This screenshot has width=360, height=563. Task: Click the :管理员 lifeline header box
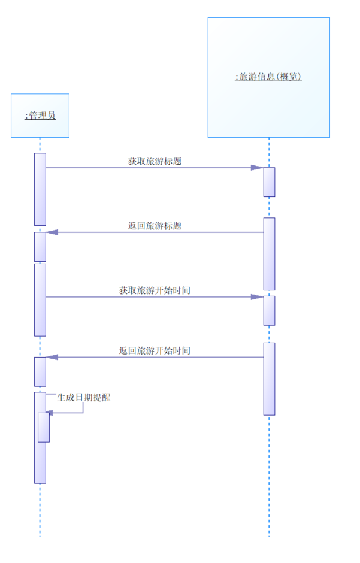[40, 116]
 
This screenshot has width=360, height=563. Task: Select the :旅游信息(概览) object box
[268, 77]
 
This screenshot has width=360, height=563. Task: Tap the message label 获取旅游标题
[155, 161]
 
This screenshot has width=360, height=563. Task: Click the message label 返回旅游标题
[155, 226]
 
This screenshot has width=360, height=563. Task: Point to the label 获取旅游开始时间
[155, 290]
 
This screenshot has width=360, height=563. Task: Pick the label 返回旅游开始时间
[155, 350]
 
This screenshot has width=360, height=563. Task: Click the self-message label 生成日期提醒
[84, 397]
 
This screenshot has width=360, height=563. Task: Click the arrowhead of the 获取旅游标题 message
[258, 168]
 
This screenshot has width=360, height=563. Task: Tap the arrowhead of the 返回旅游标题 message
[52, 232]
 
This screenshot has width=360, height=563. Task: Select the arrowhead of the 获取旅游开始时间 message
[258, 297]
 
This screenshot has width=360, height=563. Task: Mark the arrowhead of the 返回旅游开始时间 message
[52, 358]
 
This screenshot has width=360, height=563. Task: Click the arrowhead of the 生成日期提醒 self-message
[50, 413]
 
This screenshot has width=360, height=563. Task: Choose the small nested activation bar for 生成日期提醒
[44, 428]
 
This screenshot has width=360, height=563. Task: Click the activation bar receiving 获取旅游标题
[269, 182]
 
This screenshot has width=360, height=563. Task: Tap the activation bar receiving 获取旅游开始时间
[269, 311]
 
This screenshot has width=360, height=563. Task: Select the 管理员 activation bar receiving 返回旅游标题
[40, 247]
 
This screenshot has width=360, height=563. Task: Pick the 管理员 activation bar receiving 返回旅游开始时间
[40, 372]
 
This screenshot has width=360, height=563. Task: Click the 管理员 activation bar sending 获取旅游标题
[40, 189]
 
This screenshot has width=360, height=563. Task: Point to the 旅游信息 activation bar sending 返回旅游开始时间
[269, 379]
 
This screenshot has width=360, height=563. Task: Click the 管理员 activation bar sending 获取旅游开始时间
[40, 299]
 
